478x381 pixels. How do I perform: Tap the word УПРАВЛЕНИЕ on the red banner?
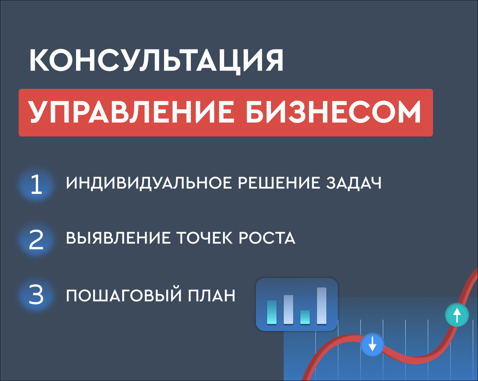131,112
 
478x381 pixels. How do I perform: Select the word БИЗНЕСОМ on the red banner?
333,112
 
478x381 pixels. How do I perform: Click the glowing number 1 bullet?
36,184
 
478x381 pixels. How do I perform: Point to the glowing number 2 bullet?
36,240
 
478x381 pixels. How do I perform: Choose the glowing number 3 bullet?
36,295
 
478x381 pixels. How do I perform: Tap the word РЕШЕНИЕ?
279,183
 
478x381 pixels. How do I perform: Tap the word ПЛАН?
212,296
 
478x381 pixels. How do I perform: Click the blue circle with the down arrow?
372,345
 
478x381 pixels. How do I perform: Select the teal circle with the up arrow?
457,315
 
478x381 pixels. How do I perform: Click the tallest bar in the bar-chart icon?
321,306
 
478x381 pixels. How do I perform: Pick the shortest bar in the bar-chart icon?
305,317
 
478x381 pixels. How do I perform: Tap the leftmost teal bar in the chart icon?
272,312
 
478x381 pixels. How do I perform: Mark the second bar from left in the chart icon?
288,309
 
